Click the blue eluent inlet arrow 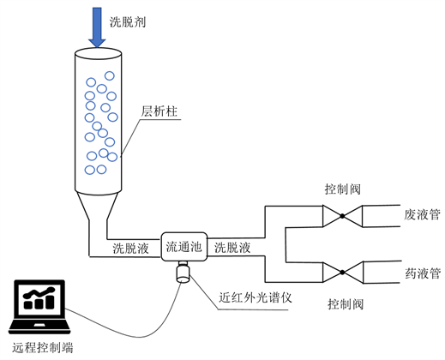point(97,27)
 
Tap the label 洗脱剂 point(128,21)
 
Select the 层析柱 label point(159,111)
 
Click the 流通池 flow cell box point(184,247)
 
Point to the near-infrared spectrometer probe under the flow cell point(183,272)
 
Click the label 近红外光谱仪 point(256,297)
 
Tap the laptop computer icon point(39,307)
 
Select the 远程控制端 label point(42,348)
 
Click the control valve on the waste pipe point(342,216)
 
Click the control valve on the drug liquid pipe point(343,272)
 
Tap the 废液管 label point(422,214)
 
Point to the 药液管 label point(423,273)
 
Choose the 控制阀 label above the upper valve point(342,189)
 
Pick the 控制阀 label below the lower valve point(346,303)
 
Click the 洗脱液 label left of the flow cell point(130,248)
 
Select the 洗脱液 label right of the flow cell point(232,248)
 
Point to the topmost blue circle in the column point(110,75)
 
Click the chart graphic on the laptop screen point(39,298)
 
